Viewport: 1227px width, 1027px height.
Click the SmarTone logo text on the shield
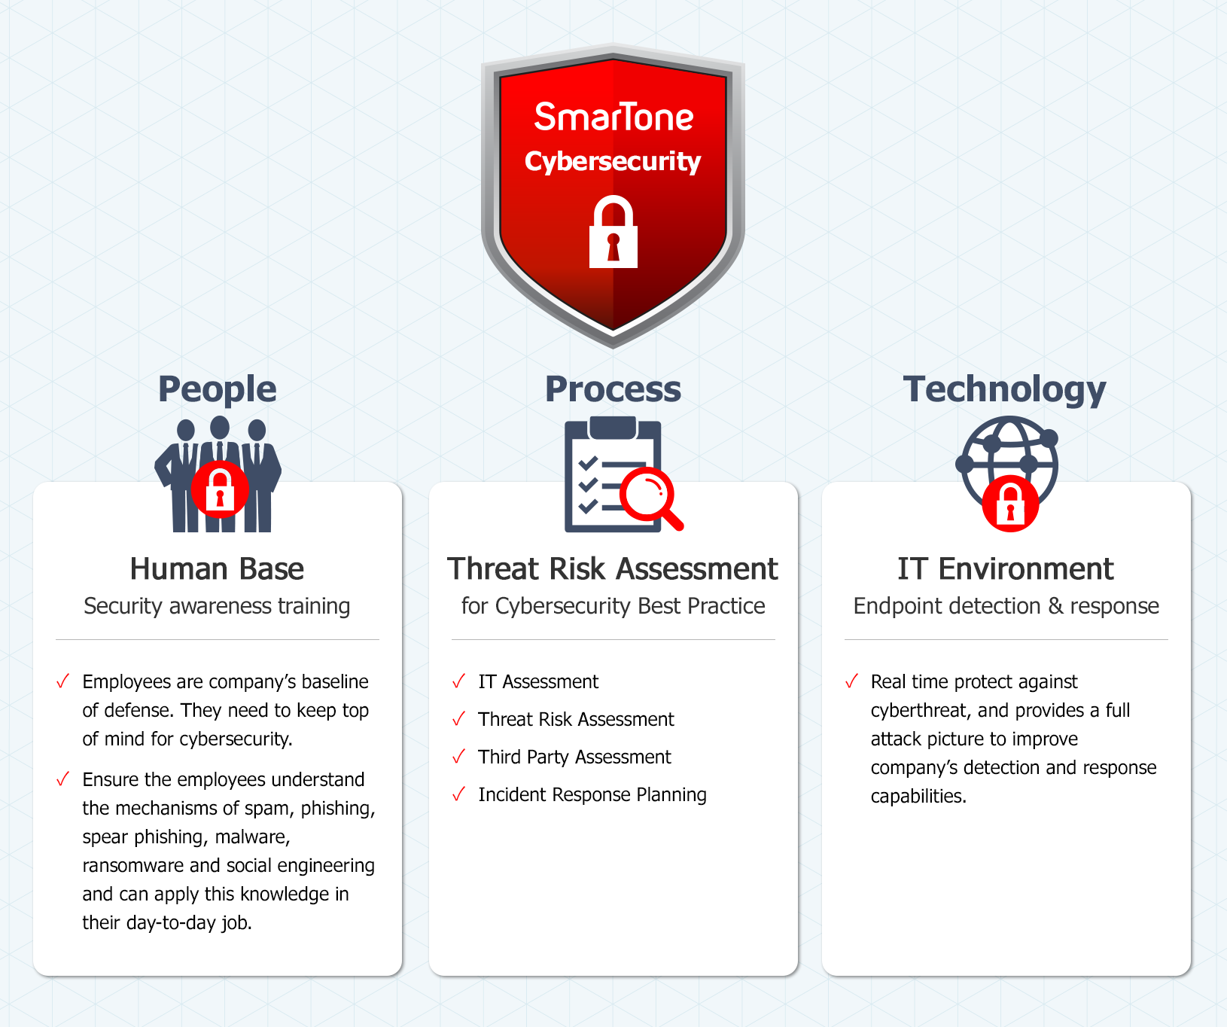pyautogui.click(x=613, y=117)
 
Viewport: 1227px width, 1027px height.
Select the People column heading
pyautogui.click(x=218, y=390)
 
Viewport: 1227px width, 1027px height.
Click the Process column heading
pyautogui.click(x=613, y=389)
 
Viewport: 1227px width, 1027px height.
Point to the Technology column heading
pyautogui.click(x=1005, y=390)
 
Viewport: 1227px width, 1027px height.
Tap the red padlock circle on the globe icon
pyautogui.click(x=1010, y=504)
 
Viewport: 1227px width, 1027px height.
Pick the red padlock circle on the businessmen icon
pyautogui.click(x=220, y=489)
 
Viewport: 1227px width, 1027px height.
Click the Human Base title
pyautogui.click(x=217, y=569)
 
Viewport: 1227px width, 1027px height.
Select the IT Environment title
pyautogui.click(x=1006, y=569)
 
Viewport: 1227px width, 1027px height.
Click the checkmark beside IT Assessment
pyautogui.click(x=458, y=681)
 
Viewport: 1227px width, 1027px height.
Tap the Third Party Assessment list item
pyautogui.click(x=574, y=757)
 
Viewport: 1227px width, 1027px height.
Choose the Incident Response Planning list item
pyautogui.click(x=592, y=795)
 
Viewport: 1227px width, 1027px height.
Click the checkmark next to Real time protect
pyautogui.click(x=851, y=681)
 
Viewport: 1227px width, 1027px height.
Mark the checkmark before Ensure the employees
pyautogui.click(x=62, y=779)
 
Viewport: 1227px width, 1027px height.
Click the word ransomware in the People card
pyautogui.click(x=133, y=866)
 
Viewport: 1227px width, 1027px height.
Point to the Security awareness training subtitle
pyautogui.click(x=217, y=607)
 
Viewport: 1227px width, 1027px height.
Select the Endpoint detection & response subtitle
pyautogui.click(x=1006, y=606)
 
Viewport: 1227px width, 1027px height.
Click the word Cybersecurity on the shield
pyautogui.click(x=613, y=162)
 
